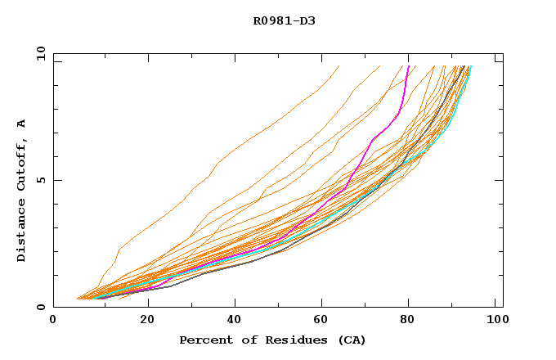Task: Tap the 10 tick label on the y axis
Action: (38, 52)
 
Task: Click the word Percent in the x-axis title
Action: (204, 340)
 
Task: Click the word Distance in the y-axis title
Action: (22, 228)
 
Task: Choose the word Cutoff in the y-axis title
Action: (22, 164)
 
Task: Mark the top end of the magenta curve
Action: (408, 66)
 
